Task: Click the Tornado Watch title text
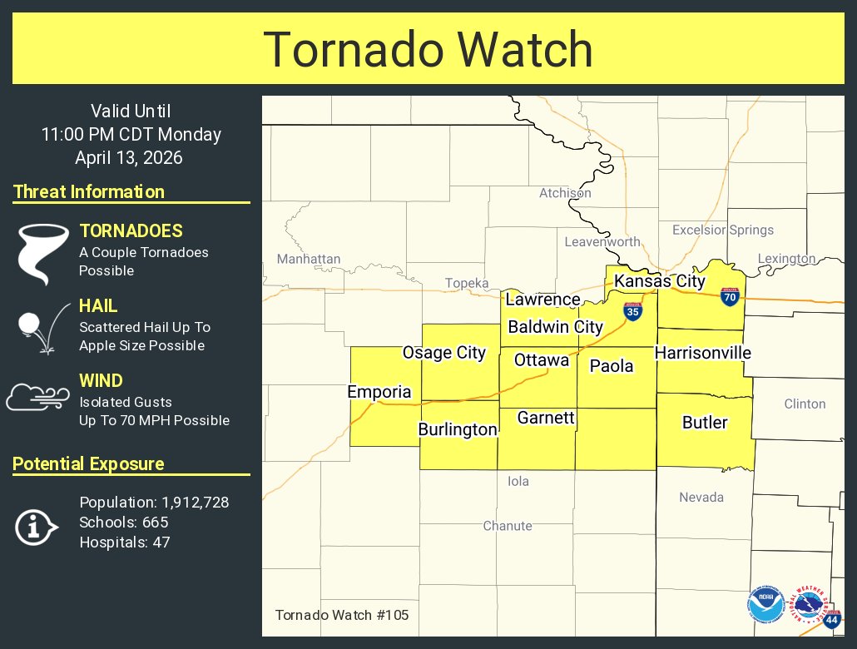point(428,50)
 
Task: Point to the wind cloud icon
point(37,397)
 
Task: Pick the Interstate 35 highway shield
point(632,312)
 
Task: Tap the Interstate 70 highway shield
point(730,296)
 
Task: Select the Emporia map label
point(379,392)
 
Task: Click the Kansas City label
point(660,281)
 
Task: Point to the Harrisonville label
point(703,353)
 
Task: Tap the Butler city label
point(705,423)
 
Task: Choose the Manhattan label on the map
point(309,259)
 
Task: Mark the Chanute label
point(508,526)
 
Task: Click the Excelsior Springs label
point(723,230)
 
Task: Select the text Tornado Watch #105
point(341,616)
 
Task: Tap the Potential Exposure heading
point(88,463)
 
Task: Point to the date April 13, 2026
point(129,157)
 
